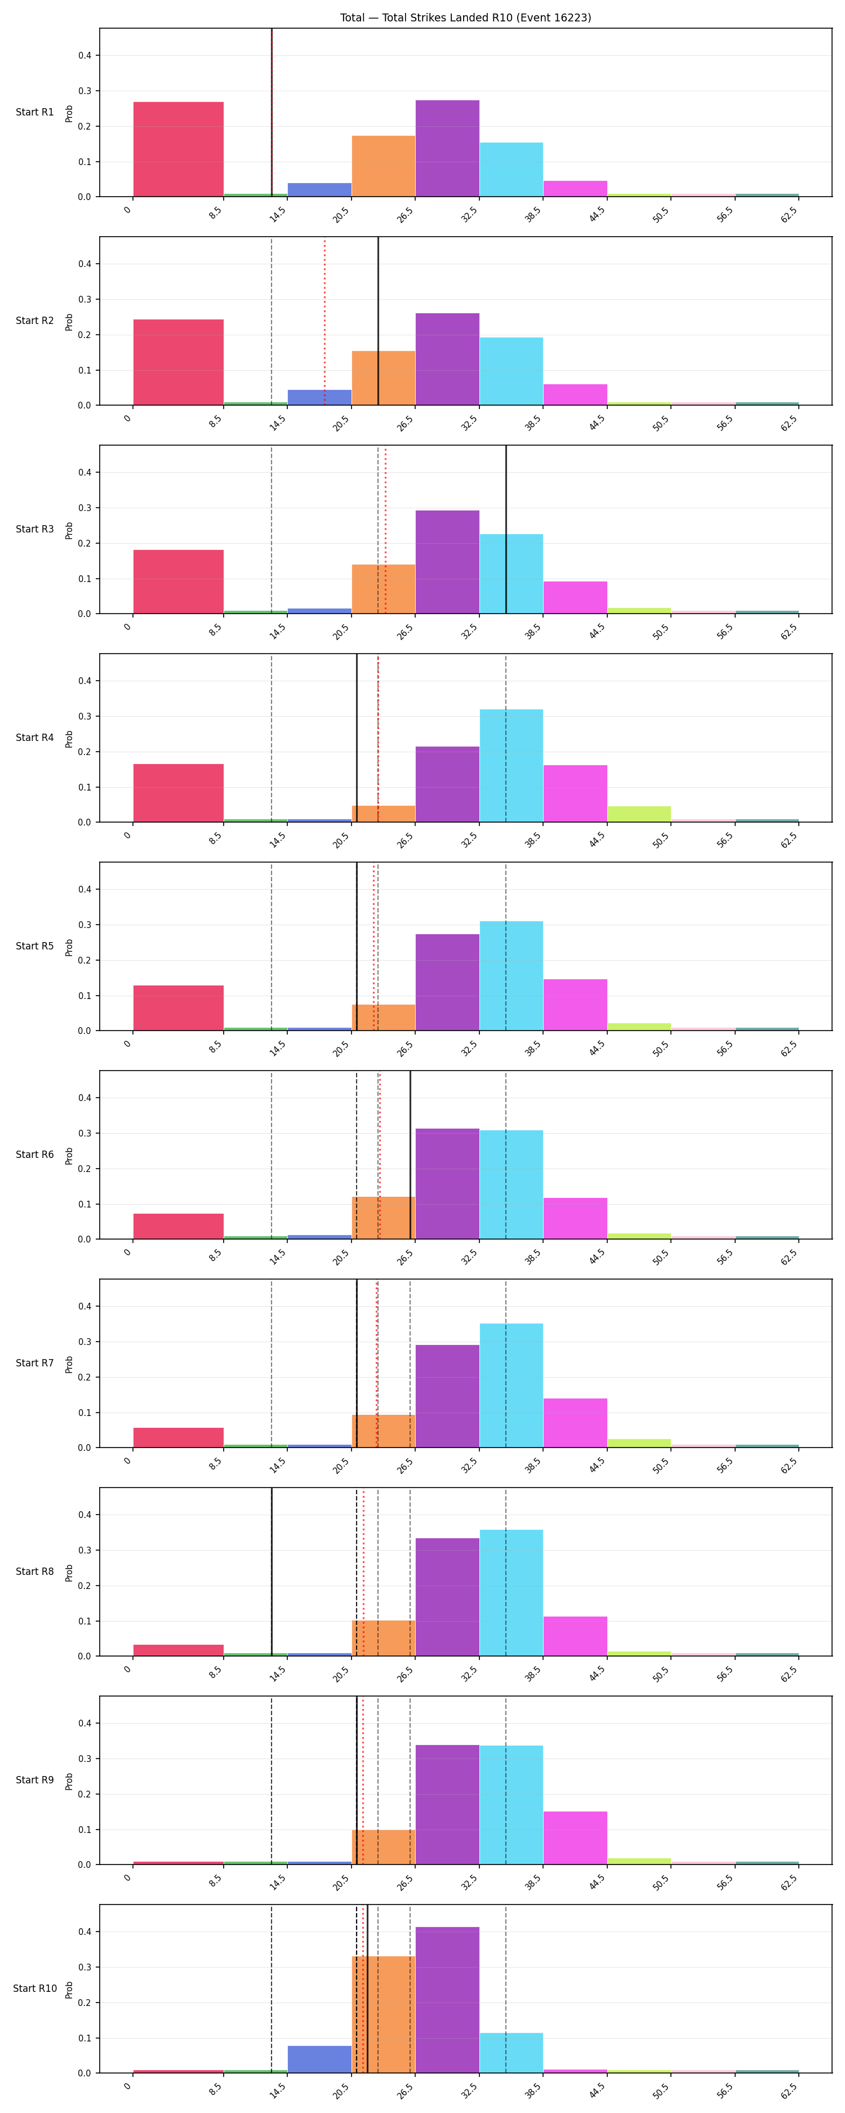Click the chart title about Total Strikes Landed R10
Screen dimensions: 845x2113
[465, 17]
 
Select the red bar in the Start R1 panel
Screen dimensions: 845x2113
[178, 149]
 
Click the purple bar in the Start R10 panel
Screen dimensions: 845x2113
[447, 2000]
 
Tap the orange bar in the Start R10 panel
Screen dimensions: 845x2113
[383, 2014]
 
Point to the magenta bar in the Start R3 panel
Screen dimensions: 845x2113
[575, 597]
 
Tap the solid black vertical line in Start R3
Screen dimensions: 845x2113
[506, 529]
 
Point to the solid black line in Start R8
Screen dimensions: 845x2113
[272, 1571]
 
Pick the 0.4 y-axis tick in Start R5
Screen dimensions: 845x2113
[84, 889]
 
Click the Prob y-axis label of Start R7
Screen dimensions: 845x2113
[69, 1363]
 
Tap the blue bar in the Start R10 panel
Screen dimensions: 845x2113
[319, 2059]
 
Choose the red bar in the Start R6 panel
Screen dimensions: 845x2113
[178, 1226]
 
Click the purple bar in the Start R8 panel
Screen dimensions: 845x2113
[447, 1596]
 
